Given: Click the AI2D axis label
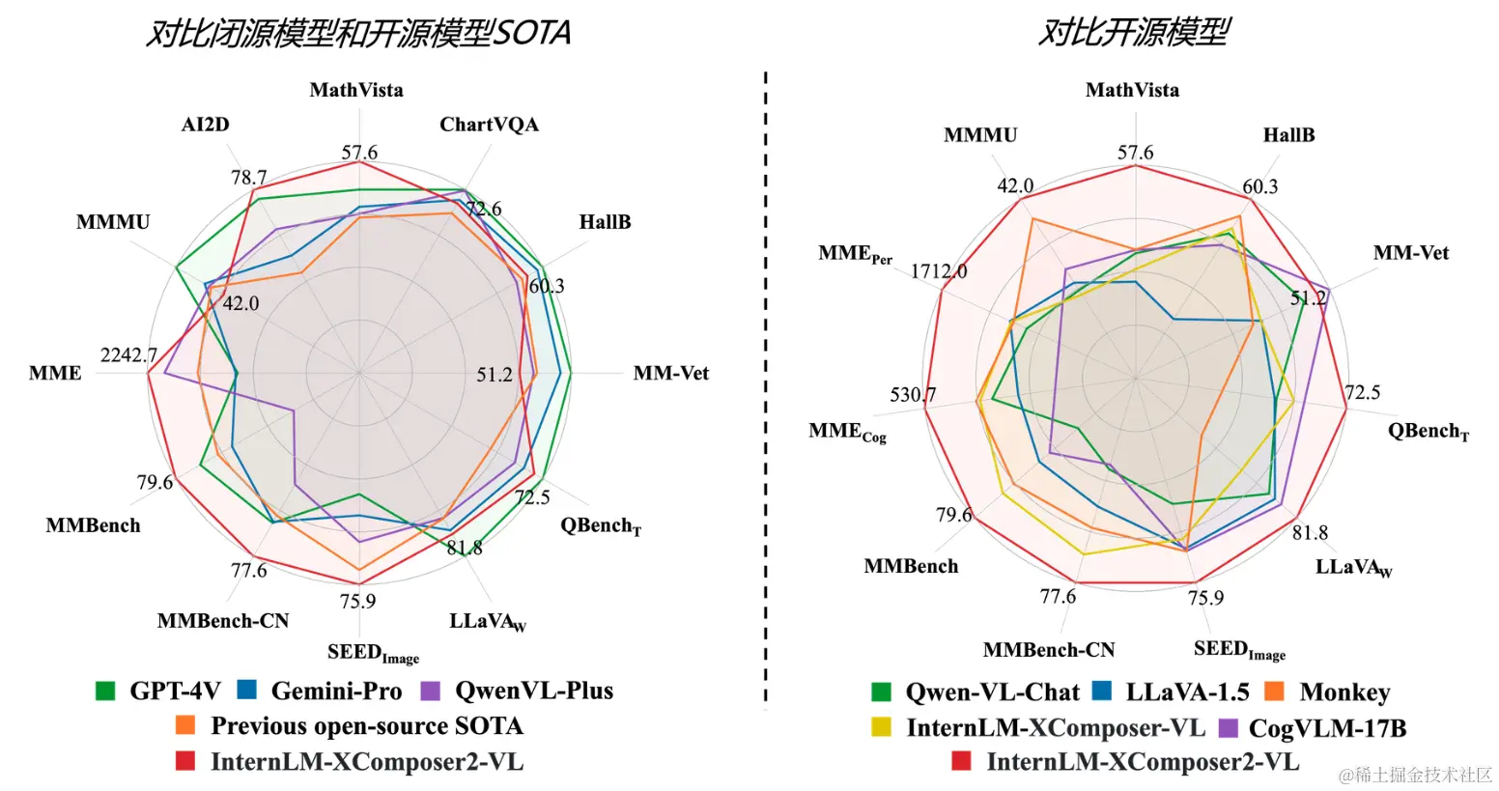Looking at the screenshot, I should click(205, 125).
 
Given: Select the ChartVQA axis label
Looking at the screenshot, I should click(489, 125).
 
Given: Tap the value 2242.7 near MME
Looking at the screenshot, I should click(128, 355).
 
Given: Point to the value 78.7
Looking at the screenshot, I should click(248, 178).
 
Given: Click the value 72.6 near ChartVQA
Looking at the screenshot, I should click(483, 209).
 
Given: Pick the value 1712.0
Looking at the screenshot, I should click(938, 271).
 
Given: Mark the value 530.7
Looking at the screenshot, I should click(913, 395).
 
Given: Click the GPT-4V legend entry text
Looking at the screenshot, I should click(175, 691).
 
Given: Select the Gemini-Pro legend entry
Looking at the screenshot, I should click(336, 691).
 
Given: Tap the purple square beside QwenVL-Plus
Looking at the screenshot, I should click(431, 691).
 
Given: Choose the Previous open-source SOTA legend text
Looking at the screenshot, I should click(366, 726).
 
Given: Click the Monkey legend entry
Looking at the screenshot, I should click(1344, 692).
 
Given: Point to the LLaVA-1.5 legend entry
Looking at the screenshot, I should click(1187, 692).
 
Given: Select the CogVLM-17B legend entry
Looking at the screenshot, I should click(1327, 728).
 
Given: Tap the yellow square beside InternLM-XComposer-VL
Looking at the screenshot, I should click(881, 727).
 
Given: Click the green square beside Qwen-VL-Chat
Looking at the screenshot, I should click(881, 692).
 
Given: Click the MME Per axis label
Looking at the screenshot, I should click(855, 254).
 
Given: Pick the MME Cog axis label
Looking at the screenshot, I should click(847, 432).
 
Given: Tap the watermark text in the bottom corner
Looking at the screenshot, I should click(1415, 775).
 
